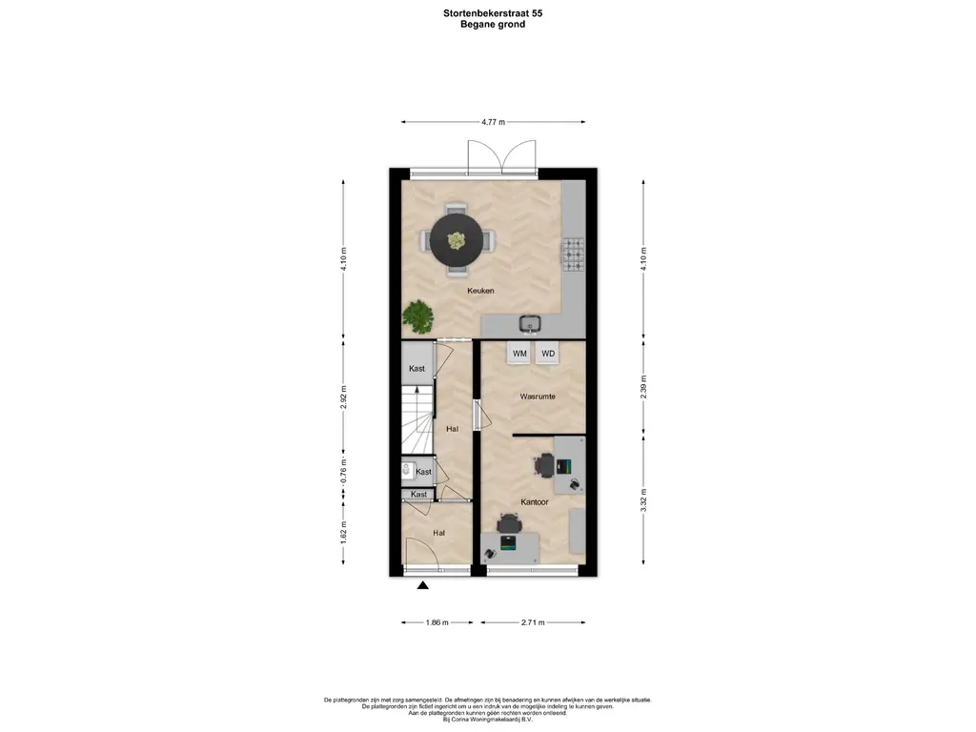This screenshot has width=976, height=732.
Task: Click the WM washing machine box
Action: click(x=519, y=353)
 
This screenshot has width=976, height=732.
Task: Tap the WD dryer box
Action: click(x=548, y=353)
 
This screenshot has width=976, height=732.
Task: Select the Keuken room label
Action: click(x=480, y=291)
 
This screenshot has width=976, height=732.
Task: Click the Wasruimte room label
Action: click(x=538, y=396)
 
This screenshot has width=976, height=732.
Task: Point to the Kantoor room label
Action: click(x=535, y=501)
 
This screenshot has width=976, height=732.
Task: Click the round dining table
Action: click(x=457, y=239)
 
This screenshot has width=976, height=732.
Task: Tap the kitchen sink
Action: click(x=530, y=323)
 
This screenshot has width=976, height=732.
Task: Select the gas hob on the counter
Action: click(x=573, y=255)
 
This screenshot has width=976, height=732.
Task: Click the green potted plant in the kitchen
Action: click(x=418, y=315)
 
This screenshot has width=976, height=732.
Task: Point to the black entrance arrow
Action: click(x=422, y=585)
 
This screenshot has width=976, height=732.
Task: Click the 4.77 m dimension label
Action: click(x=493, y=122)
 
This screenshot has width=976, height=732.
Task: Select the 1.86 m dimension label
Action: click(x=437, y=622)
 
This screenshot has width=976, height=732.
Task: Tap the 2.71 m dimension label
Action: click(x=533, y=622)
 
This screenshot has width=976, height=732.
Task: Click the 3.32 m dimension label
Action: click(x=643, y=500)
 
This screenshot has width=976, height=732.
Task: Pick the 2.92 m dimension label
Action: click(x=343, y=397)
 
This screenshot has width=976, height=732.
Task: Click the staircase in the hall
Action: click(x=417, y=419)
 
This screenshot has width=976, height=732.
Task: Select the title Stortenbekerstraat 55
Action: click(x=488, y=13)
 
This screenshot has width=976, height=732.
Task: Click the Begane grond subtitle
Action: click(x=493, y=24)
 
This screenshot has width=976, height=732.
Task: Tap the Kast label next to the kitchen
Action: click(x=417, y=369)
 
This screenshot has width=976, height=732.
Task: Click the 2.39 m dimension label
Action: click(x=643, y=387)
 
